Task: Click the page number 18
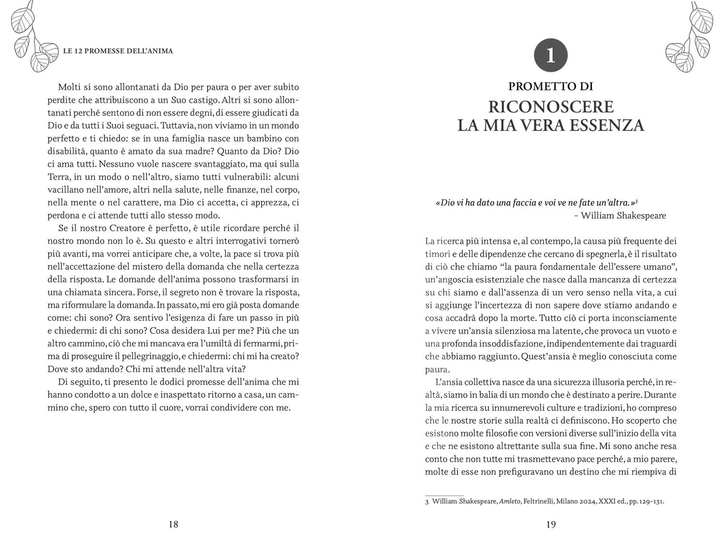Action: coord(173,524)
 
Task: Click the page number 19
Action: coord(551,524)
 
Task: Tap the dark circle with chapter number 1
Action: coord(551,55)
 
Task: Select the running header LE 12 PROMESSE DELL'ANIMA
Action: coord(118,51)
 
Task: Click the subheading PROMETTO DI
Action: coord(551,86)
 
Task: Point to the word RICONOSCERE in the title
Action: coord(551,107)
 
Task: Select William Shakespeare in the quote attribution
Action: coord(623,216)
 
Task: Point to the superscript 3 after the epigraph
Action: coord(637,201)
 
